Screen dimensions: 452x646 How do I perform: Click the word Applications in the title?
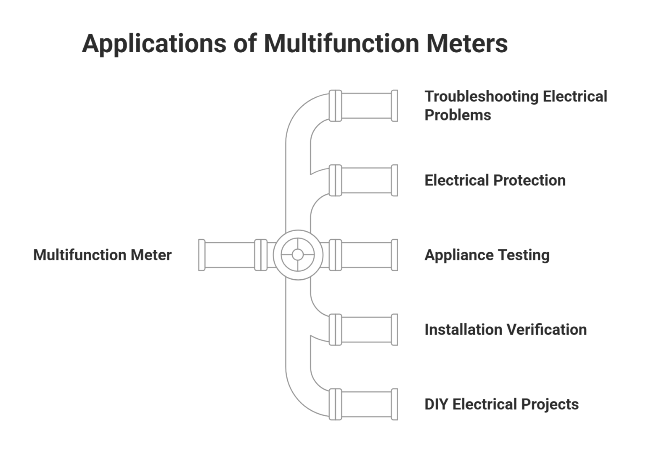point(154,43)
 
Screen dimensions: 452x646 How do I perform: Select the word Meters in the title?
point(467,43)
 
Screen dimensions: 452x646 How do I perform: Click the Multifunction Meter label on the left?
point(102,255)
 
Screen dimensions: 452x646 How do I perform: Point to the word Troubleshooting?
point(481,96)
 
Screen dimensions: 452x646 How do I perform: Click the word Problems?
point(458,115)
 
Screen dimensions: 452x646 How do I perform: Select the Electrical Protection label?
point(495,180)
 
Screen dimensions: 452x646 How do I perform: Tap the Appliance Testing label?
point(487,255)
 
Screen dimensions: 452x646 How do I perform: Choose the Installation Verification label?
point(505,329)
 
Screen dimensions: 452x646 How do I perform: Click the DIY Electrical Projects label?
point(501,404)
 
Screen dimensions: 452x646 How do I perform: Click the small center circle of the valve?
point(298,255)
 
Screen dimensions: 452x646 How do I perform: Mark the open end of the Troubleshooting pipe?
point(394,106)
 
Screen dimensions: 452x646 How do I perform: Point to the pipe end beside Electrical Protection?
point(394,180)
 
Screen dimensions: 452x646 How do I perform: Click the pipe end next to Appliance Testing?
point(394,255)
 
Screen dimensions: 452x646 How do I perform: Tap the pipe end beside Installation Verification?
point(394,329)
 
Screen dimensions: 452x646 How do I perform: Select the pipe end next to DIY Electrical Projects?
point(394,404)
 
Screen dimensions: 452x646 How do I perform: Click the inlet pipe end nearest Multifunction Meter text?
point(202,255)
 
